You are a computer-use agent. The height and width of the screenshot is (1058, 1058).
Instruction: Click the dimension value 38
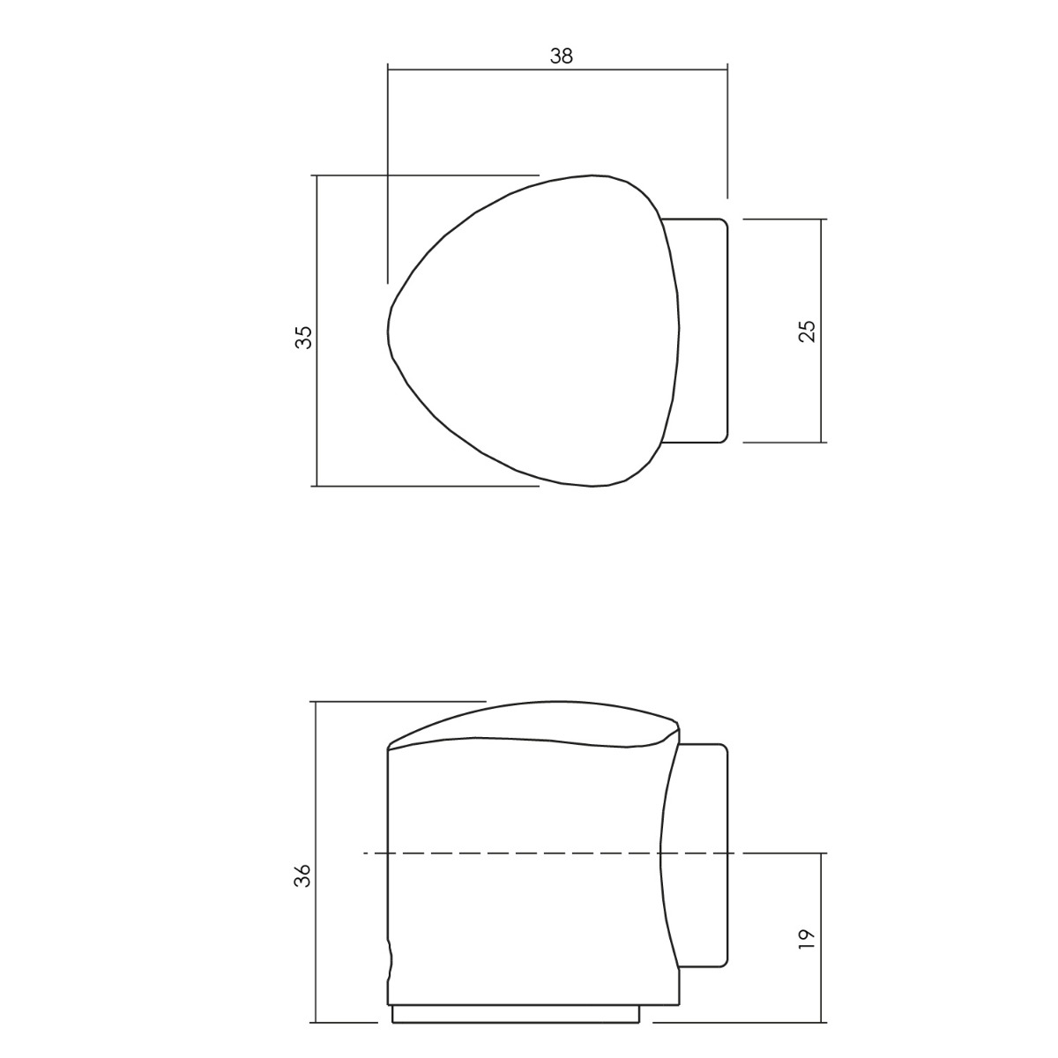click(561, 56)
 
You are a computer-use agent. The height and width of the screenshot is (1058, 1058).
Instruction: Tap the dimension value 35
click(304, 337)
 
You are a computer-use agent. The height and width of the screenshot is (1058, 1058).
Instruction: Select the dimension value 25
click(807, 331)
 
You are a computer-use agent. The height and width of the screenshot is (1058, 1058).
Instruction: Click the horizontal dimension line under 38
click(557, 70)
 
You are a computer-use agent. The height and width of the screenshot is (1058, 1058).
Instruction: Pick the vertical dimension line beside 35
click(317, 331)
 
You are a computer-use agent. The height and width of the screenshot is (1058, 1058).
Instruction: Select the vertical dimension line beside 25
click(822, 331)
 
